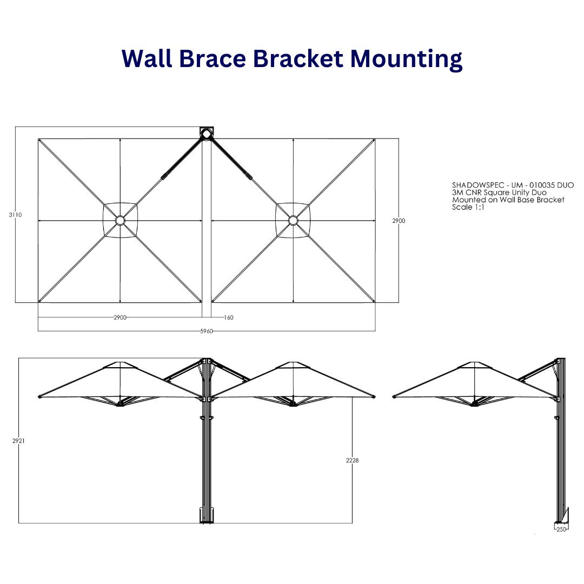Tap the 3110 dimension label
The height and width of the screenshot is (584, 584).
tap(15, 215)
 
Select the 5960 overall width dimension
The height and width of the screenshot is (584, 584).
tap(207, 331)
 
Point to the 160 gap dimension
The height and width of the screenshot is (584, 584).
tap(229, 317)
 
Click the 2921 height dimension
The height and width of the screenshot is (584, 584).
tap(18, 441)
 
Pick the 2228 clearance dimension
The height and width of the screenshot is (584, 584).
tap(352, 460)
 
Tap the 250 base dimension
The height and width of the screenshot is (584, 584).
tap(561, 529)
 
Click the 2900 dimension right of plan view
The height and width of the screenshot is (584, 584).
tap(399, 221)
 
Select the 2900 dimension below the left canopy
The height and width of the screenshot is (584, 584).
tap(120, 317)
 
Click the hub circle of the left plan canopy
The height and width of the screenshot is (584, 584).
tap(120, 221)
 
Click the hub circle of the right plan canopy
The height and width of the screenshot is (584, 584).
tap(293, 221)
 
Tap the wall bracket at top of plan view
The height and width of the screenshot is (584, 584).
tap(207, 133)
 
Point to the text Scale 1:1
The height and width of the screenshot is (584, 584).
tap(468, 207)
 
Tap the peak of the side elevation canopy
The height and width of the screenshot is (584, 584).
tap(475, 363)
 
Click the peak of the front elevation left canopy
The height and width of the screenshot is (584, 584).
tap(120, 363)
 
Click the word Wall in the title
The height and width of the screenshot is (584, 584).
tap(146, 58)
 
